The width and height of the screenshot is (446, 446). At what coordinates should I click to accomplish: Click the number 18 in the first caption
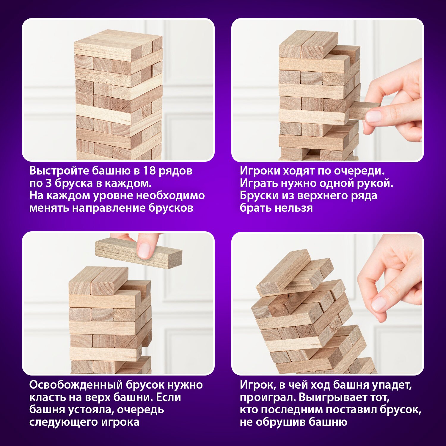(x=149, y=171)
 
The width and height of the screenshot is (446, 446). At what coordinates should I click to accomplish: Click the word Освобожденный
(x=76, y=385)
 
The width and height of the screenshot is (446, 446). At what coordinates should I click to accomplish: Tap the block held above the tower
(x=139, y=253)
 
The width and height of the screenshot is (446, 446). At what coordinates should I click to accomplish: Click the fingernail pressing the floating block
(x=145, y=250)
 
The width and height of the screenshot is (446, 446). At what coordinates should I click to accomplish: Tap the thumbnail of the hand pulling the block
(x=373, y=116)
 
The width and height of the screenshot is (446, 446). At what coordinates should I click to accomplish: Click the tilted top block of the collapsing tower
(x=283, y=273)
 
